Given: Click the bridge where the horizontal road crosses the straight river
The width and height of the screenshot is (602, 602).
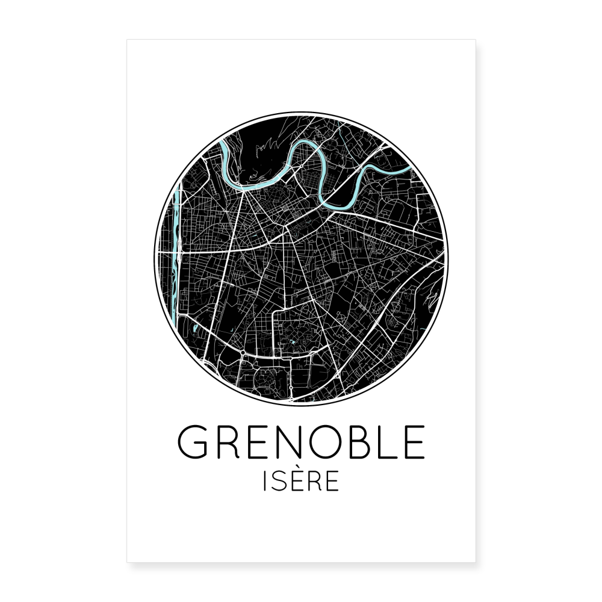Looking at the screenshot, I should point(175,254).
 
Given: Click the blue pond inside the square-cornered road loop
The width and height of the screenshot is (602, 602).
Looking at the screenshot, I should point(293,342).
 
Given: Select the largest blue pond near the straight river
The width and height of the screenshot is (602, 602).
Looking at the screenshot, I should point(196,329).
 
